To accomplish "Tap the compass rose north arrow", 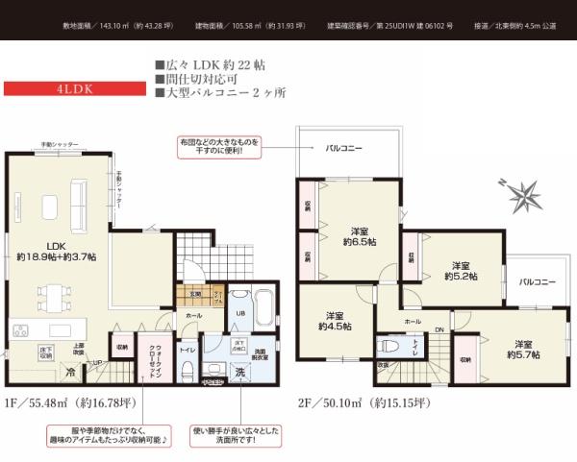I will tap(521, 195).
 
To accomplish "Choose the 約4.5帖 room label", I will tap(335, 320).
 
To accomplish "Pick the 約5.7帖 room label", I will tap(523, 349).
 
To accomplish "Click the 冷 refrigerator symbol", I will tap(71, 372).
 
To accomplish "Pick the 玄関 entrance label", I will tap(193, 294).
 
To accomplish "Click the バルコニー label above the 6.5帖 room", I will tap(343, 148).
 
